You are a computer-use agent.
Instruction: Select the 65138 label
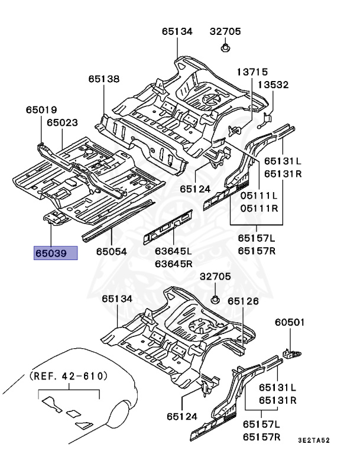[x=105, y=78]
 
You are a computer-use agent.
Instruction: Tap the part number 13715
[x=253, y=71]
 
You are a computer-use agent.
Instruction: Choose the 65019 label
[x=41, y=109]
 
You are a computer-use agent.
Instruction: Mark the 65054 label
[x=111, y=252]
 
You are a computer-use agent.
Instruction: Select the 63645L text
[x=174, y=252]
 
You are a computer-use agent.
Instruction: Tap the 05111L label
[x=258, y=196]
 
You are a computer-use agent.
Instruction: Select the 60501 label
[x=290, y=322]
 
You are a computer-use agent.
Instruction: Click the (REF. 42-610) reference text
[x=69, y=375]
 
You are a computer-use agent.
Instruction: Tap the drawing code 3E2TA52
[x=314, y=440]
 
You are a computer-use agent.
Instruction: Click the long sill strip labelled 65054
[x=118, y=219]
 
